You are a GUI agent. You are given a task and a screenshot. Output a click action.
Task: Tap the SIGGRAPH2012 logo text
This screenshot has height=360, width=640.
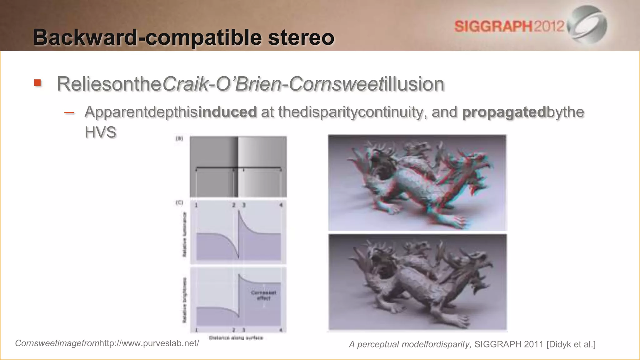click(509, 26)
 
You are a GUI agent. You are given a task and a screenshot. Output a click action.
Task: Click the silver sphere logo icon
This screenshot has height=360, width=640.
click(588, 25)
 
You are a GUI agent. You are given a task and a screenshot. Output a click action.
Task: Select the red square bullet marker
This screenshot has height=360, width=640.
click(37, 83)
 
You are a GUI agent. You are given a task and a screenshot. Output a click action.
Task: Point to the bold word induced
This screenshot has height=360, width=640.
click(227, 112)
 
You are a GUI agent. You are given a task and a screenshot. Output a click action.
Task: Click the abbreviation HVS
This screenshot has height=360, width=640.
click(100, 132)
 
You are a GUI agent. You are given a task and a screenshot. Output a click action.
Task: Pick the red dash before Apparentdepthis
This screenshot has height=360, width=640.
click(69, 112)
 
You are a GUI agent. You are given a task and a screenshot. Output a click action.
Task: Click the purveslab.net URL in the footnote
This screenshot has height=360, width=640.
click(149, 343)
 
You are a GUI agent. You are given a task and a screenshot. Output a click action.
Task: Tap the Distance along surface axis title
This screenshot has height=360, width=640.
click(236, 338)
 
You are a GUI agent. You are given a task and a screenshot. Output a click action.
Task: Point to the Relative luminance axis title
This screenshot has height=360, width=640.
click(185, 235)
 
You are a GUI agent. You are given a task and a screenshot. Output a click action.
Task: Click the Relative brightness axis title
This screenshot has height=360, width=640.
click(185, 300)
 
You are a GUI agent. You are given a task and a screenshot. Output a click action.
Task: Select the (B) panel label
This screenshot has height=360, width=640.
click(179, 138)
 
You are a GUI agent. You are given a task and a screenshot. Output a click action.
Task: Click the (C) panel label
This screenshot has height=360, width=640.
click(179, 202)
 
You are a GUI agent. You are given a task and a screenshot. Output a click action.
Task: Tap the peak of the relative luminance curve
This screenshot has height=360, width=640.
click(239, 212)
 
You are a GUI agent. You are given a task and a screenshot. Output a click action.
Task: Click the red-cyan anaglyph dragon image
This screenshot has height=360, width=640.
click(417, 182)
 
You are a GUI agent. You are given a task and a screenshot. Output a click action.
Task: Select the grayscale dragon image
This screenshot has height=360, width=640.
click(417, 282)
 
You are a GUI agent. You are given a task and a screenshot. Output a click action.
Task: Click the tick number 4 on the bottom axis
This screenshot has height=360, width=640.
click(281, 330)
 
